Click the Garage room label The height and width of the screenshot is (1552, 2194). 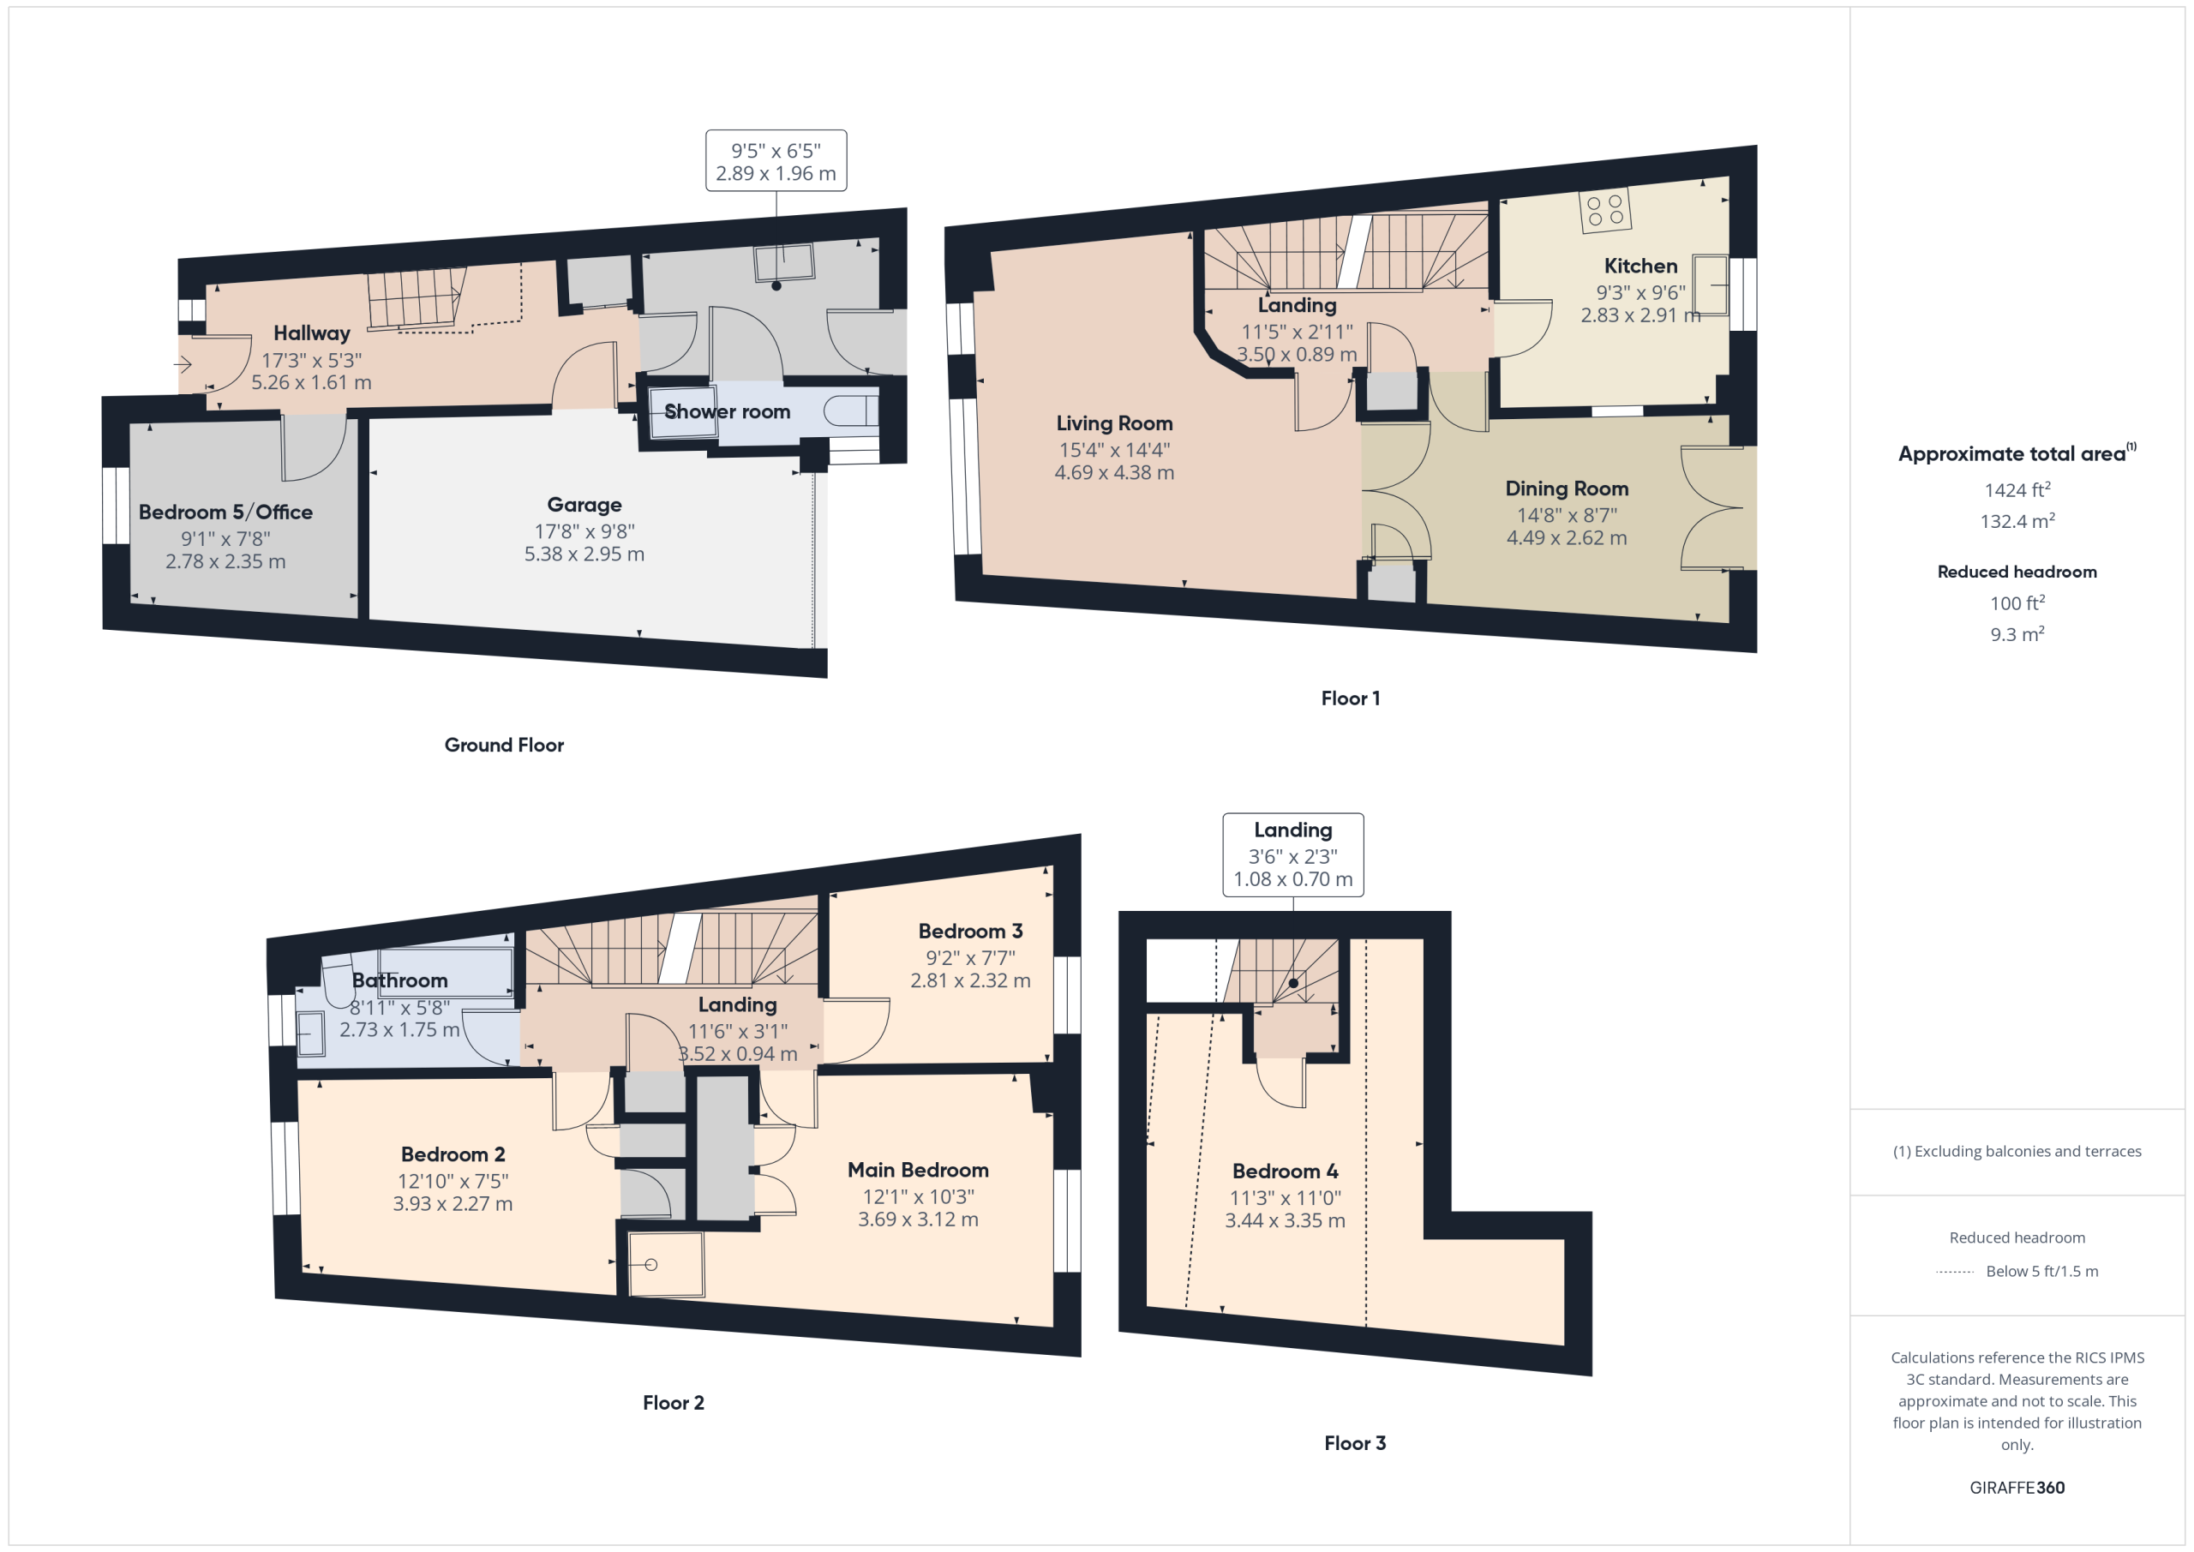(584, 505)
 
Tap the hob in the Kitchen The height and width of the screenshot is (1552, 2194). (1605, 210)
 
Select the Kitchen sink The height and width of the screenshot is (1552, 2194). (1710, 285)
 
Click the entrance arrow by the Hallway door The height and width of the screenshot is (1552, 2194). (183, 363)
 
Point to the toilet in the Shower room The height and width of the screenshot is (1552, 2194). (850, 411)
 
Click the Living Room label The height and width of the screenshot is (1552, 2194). (1114, 423)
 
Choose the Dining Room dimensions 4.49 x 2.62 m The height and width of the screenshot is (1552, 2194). (1566, 538)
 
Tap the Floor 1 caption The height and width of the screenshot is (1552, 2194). (1350, 698)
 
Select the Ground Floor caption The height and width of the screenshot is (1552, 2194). (504, 746)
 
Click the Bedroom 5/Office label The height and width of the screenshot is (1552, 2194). (225, 512)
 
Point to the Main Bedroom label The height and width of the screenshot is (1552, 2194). (917, 1170)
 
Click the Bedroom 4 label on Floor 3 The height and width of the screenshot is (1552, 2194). (1285, 1171)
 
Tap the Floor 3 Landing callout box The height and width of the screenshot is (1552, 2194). (1293, 854)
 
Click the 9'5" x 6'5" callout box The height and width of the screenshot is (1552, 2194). (776, 160)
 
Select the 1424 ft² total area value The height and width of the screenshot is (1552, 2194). (2017, 489)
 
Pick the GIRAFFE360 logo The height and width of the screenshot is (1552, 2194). (2017, 1488)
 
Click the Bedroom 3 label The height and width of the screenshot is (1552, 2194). (970, 931)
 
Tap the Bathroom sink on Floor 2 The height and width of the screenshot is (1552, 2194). (309, 1034)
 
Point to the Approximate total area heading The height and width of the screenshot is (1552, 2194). (2017, 453)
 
